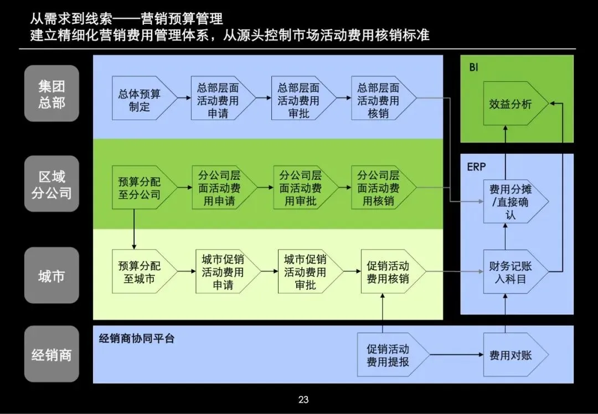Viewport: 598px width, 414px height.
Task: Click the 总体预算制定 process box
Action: coord(139,100)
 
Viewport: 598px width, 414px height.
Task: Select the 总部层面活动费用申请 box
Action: coord(220,100)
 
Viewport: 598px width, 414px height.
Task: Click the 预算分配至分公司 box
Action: coord(140,188)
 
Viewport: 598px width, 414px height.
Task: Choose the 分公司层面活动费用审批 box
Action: coord(301,188)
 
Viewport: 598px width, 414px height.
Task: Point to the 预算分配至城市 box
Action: coord(139,272)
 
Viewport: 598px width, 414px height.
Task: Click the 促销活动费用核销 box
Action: coord(390,272)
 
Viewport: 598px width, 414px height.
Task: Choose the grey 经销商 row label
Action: coord(51,355)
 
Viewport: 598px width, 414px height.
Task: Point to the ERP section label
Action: coord(476,167)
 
